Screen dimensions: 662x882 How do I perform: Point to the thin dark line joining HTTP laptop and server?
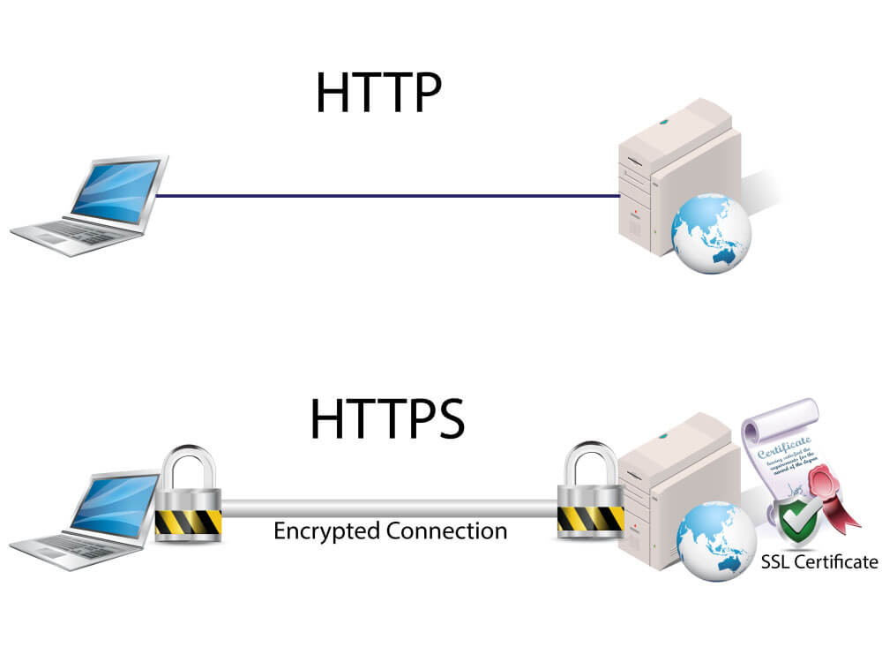(x=388, y=196)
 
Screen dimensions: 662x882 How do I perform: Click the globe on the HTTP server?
(x=711, y=234)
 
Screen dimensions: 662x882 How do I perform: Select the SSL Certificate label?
(x=819, y=561)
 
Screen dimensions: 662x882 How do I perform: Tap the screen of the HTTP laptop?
(x=116, y=191)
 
